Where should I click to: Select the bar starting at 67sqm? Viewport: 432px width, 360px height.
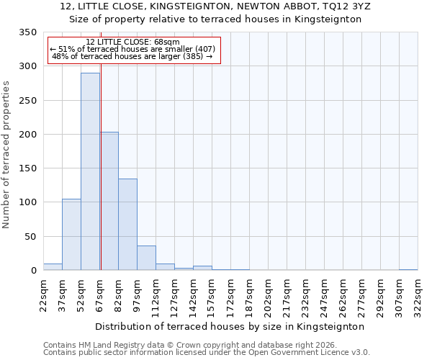(x=109, y=201)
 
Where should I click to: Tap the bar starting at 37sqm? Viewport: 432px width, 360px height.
(x=71, y=234)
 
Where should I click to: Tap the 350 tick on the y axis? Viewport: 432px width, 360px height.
(x=27, y=32)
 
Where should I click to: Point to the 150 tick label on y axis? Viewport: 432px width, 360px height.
(x=27, y=168)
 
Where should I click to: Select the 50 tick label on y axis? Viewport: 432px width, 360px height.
(x=30, y=237)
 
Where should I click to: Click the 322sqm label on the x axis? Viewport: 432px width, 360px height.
(x=418, y=296)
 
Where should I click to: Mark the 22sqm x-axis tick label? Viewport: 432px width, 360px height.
(x=43, y=296)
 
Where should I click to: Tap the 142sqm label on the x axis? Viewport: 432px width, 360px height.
(x=193, y=296)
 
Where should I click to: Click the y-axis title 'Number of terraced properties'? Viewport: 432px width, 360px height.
(x=7, y=154)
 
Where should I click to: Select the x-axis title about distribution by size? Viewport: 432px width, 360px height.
(x=230, y=326)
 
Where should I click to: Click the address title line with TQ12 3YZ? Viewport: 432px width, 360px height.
(x=215, y=6)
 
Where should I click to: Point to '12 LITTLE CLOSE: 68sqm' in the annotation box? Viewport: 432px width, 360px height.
(x=132, y=42)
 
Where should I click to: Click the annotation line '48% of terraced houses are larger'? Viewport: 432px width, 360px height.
(x=132, y=56)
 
